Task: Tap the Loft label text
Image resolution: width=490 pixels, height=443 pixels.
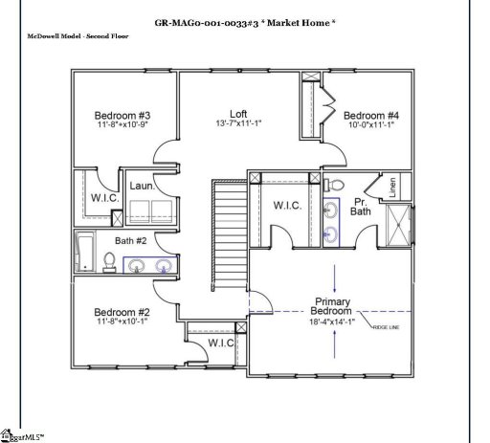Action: pyautogui.click(x=237, y=114)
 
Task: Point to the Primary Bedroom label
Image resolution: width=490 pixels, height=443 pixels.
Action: pyautogui.click(x=334, y=307)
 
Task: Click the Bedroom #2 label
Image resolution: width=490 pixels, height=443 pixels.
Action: pyautogui.click(x=122, y=312)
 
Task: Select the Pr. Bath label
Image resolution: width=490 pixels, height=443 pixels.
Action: pyautogui.click(x=361, y=204)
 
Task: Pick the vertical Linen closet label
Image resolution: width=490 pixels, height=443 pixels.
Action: pyautogui.click(x=392, y=188)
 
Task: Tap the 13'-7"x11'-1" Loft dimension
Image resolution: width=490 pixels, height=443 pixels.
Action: pyautogui.click(x=237, y=124)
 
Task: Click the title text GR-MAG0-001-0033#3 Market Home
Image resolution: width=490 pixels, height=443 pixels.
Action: pyautogui.click(x=245, y=22)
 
